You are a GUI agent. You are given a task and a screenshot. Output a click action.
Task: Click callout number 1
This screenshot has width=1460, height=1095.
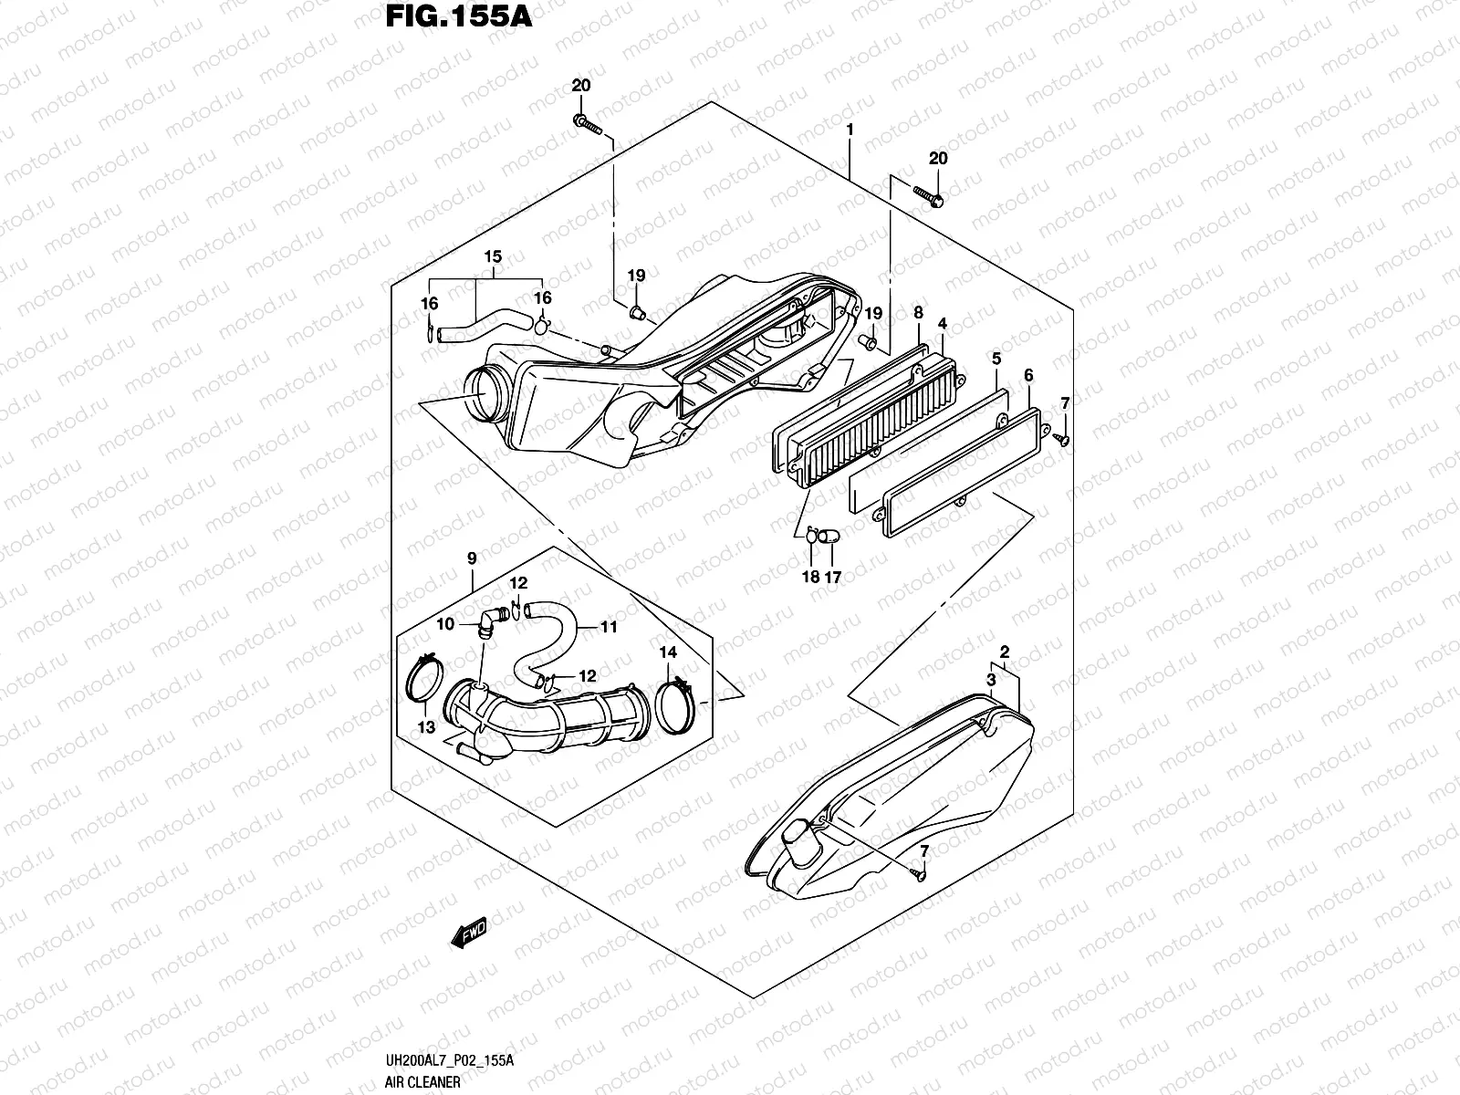850,130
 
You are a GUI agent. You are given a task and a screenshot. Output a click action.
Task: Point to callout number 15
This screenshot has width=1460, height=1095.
493,257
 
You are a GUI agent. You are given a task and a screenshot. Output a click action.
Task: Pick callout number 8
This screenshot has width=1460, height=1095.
918,313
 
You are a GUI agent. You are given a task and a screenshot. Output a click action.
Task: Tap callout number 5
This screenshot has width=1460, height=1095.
996,360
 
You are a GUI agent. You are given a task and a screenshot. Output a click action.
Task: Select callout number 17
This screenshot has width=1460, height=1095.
832,577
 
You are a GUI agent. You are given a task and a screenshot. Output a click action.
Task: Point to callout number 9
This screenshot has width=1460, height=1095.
472,558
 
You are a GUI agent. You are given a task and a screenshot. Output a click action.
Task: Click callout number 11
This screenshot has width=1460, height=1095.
609,627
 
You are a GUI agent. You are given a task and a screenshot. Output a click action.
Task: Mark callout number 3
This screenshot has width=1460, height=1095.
990,680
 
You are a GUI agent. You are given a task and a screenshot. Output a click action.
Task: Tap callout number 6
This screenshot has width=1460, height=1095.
1028,375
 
